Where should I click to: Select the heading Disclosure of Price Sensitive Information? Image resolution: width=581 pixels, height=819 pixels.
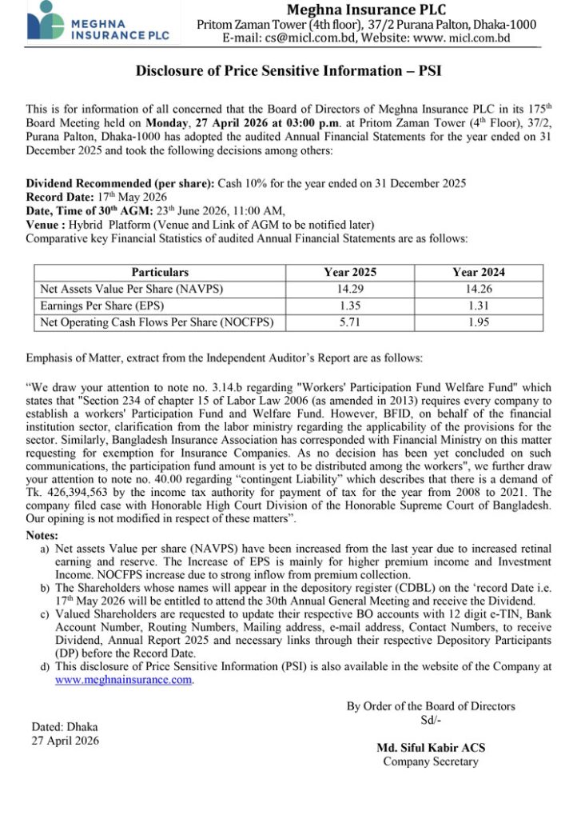(289, 70)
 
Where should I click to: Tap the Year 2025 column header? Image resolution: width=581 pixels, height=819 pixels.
(349, 272)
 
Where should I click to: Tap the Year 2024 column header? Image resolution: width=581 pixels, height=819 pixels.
(478, 272)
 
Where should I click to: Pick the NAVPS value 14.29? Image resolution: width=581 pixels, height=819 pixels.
(349, 289)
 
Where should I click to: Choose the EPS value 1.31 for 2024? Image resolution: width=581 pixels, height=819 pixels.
(478, 306)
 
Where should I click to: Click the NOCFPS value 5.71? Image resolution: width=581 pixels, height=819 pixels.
(349, 322)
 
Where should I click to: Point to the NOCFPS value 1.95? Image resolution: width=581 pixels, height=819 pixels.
(478, 322)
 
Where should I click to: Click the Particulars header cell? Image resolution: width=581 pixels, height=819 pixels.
(160, 272)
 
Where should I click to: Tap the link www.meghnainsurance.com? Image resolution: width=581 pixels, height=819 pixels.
(124, 681)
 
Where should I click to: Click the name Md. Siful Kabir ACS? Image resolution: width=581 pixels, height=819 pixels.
(431, 748)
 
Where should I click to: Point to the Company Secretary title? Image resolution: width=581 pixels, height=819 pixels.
(431, 761)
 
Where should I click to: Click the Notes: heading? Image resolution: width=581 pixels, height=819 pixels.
(42, 534)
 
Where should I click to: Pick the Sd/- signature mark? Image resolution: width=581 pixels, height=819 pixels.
(431, 720)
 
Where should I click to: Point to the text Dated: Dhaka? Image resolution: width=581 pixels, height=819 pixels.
(65, 727)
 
